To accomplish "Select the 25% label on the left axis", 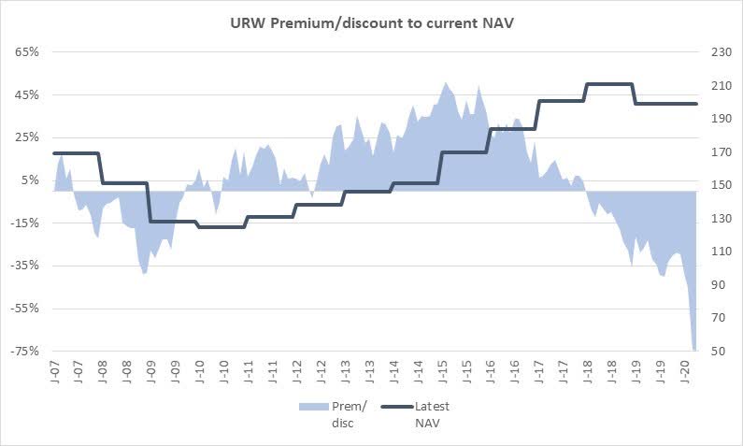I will pyautogui.click(x=26, y=137).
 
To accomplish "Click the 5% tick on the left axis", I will pyautogui.click(x=29, y=180).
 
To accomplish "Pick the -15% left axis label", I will pyautogui.click(x=24, y=223).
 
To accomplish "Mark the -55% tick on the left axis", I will pyautogui.click(x=24, y=308).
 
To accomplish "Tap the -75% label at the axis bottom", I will pyautogui.click(x=24, y=351).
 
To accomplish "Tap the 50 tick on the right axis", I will pyautogui.click(x=716, y=351).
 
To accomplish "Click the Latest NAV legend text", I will pyautogui.click(x=433, y=414).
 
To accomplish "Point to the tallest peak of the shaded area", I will pyautogui.click(x=445, y=83).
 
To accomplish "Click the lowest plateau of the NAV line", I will pyautogui.click(x=221, y=226).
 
